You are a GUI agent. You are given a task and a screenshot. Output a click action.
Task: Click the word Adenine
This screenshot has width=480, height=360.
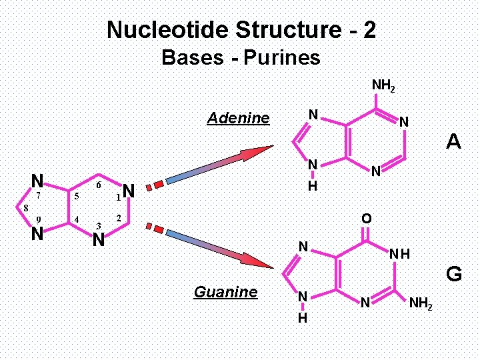click(x=238, y=119)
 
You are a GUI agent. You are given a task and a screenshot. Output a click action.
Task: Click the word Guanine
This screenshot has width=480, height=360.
click(x=225, y=292)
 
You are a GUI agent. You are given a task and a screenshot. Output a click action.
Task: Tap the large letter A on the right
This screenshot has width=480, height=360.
click(x=454, y=141)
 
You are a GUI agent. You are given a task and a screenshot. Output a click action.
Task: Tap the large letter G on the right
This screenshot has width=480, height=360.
click(x=454, y=274)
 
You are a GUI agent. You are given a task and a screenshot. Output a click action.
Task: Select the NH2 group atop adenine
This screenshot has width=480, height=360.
click(x=383, y=86)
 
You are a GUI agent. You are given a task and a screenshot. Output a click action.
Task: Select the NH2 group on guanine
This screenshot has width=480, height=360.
click(x=421, y=304)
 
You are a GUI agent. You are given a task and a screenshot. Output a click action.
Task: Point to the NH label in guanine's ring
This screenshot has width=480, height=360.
click(x=400, y=254)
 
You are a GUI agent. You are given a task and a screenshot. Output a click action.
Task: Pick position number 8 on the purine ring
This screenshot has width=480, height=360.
click(x=25, y=208)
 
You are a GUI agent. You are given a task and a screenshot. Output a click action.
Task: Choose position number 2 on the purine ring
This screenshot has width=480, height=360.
click(x=118, y=219)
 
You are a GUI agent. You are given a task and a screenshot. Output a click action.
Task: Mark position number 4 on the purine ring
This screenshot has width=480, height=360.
click(x=77, y=219)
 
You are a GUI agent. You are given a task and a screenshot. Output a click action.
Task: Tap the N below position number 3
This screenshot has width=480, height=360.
click(x=99, y=239)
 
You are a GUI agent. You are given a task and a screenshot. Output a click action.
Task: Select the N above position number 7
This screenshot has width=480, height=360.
click(x=38, y=181)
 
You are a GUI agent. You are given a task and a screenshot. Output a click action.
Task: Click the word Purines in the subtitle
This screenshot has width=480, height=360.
click(x=282, y=58)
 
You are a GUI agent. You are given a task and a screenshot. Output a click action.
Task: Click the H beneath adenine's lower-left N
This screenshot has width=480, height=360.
click(x=311, y=187)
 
